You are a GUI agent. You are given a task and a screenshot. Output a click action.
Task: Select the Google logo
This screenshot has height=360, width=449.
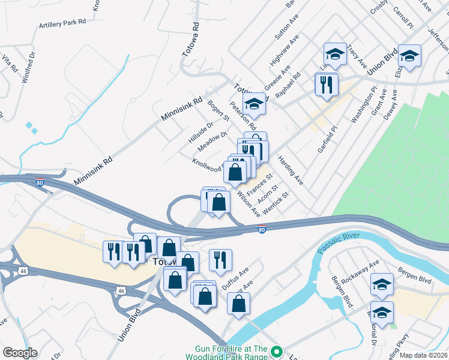point(20,352)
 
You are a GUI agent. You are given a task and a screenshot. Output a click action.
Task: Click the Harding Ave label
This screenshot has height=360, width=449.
point(291,170)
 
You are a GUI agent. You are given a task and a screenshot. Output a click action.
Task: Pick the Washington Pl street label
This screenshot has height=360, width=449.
point(364,105)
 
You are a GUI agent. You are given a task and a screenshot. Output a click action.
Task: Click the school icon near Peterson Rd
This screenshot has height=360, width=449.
point(255,105)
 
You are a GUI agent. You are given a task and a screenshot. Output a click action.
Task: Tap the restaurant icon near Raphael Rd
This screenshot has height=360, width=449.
point(327,85)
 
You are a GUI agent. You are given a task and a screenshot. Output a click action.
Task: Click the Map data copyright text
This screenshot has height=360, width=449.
point(423,355)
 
